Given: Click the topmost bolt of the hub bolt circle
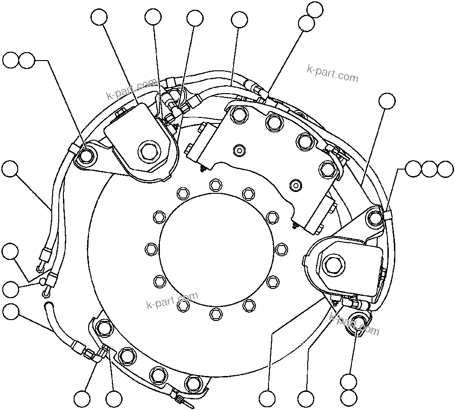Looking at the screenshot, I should [215, 185].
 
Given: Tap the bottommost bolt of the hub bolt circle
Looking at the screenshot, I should [215, 314].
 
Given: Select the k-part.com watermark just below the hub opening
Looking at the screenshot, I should [172, 301].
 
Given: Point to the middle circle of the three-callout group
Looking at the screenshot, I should [429, 169].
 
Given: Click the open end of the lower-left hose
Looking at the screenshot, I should [47, 305].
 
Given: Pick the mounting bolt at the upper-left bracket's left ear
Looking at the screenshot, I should [86, 156].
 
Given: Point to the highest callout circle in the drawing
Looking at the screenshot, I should [316, 9].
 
